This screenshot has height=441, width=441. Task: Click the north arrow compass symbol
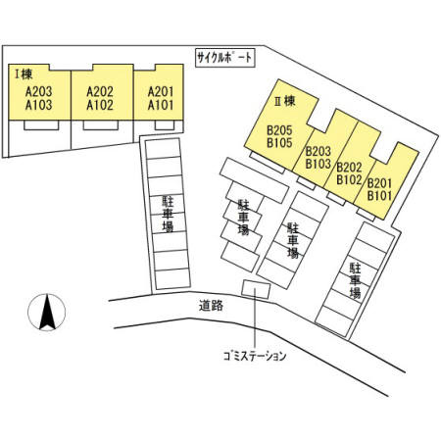[x=47, y=313]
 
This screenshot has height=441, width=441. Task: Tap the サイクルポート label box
[x=225, y=58]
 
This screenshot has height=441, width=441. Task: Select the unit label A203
[x=39, y=92]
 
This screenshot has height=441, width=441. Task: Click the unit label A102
[x=100, y=105]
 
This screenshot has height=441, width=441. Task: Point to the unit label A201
[x=161, y=92]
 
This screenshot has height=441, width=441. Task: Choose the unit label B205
[x=279, y=130]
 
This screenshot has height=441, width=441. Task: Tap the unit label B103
[x=318, y=164]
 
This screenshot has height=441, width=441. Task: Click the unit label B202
[x=349, y=168]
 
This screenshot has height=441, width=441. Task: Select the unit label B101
[x=379, y=196]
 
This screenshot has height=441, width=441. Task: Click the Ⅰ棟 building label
[x=24, y=74]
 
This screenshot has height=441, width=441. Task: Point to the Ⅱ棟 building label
[x=285, y=101]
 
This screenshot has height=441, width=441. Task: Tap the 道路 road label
[x=211, y=306]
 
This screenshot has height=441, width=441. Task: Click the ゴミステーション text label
[x=255, y=356]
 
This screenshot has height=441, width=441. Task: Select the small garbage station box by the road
[x=256, y=289]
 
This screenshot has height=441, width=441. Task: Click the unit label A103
[x=39, y=105]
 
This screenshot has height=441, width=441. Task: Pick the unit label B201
[x=379, y=183]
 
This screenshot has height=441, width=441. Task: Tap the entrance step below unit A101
[x=165, y=125]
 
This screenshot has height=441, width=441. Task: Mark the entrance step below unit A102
[x=101, y=125]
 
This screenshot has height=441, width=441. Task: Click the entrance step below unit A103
[x=41, y=125]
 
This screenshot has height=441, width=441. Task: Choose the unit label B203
[x=318, y=151]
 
